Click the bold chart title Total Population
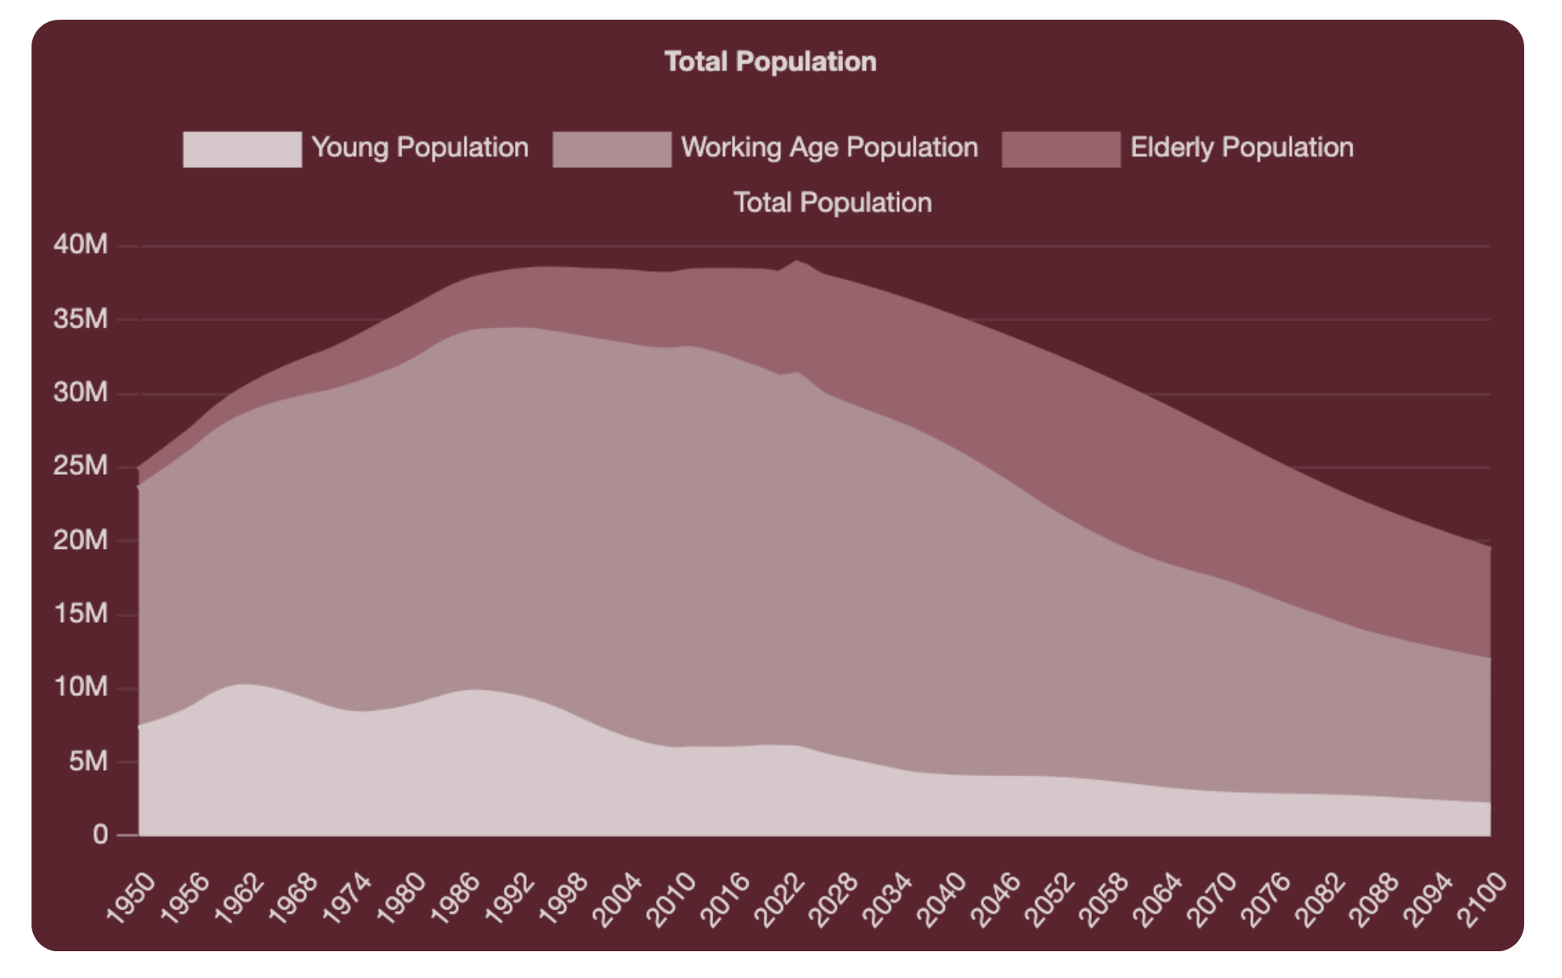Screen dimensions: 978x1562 point(769,61)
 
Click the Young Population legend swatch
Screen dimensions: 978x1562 point(242,149)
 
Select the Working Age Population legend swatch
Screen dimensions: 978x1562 point(612,149)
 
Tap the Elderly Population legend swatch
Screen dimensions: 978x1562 point(1060,149)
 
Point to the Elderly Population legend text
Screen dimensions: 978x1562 point(1242,147)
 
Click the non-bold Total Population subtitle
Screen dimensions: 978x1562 point(832,202)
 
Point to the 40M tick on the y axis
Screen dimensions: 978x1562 point(80,244)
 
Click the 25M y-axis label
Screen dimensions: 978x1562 point(80,465)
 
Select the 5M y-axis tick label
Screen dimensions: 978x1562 point(87,761)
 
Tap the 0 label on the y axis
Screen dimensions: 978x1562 point(100,834)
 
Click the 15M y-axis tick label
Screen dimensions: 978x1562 point(80,613)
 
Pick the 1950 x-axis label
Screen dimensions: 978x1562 point(131,898)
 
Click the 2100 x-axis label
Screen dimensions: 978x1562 point(1482,899)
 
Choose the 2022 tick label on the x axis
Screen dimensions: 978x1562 point(779,899)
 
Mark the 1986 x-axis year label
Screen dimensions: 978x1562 point(455,899)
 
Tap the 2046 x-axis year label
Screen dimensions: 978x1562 point(996,899)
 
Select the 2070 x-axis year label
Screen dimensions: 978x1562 point(1212,899)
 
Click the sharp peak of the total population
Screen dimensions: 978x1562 point(797,261)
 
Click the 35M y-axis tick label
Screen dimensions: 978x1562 point(80,318)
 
